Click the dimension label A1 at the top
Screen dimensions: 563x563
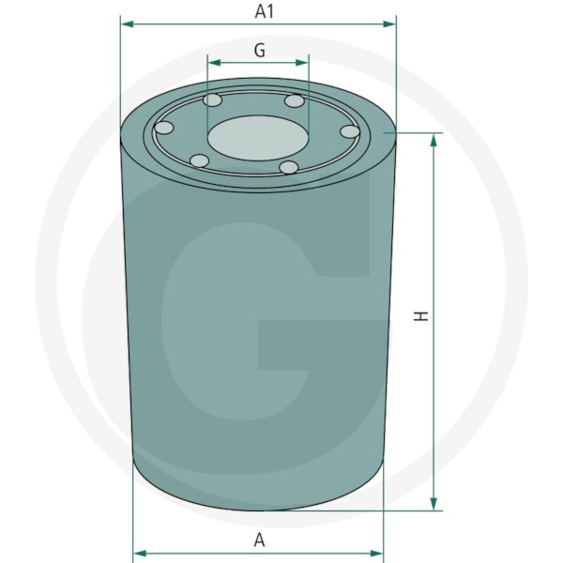[265, 11]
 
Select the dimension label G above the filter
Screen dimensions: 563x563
[260, 51]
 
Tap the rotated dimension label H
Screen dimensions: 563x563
[421, 316]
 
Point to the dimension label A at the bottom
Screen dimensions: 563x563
[259, 540]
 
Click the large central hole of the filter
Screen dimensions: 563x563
[258, 138]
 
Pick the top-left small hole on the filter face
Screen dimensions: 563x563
[213, 100]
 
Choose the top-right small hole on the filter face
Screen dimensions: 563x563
[295, 101]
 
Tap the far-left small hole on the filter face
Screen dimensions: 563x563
[163, 128]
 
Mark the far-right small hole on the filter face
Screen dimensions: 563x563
[350, 131]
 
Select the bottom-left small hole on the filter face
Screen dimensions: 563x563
[199, 160]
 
